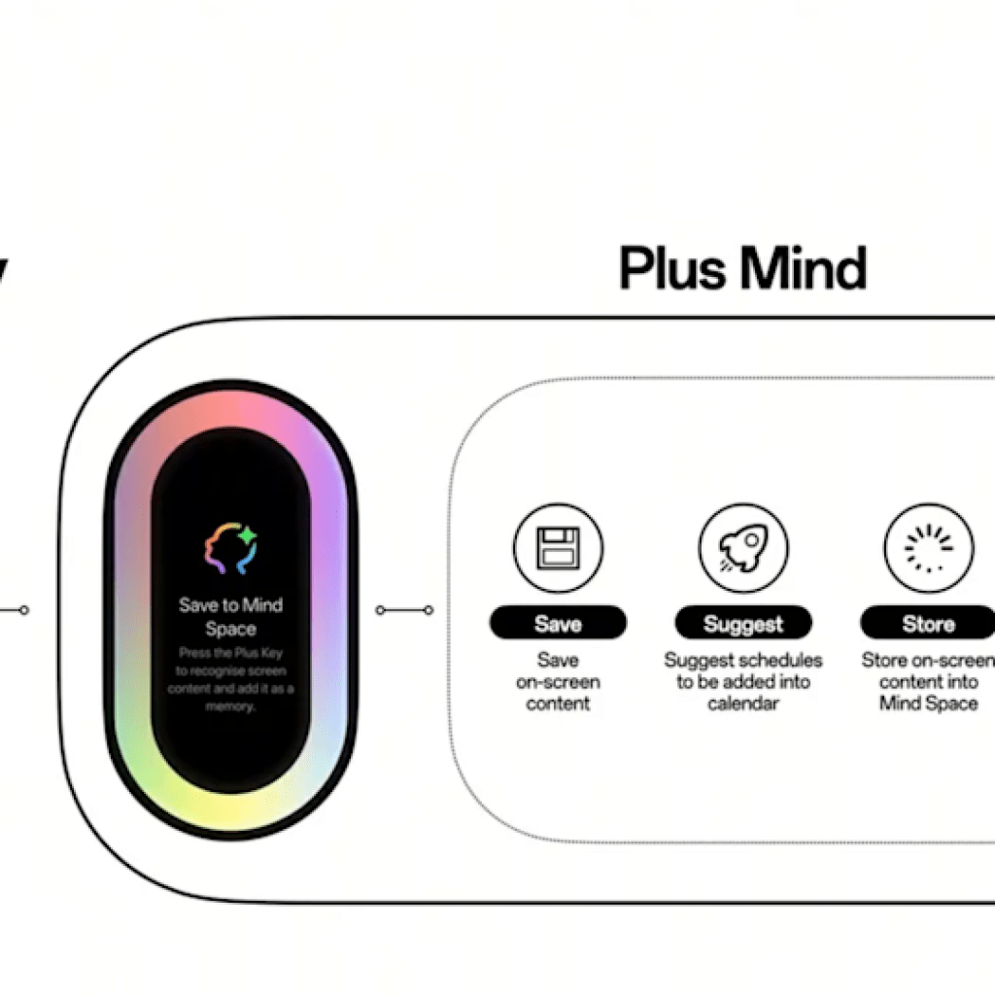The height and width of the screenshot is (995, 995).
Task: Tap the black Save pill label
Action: (x=558, y=624)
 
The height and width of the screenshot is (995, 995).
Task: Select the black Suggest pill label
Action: (x=742, y=624)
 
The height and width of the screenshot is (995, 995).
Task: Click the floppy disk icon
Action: (x=558, y=548)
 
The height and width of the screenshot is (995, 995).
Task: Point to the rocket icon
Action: (x=742, y=548)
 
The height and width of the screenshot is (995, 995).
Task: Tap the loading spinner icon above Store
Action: (x=927, y=548)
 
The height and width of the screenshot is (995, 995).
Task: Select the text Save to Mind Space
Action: (x=231, y=616)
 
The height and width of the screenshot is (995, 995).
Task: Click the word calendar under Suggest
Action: (x=742, y=703)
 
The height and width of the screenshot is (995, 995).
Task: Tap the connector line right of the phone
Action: (x=405, y=610)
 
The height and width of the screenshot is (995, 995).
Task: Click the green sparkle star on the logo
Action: (x=247, y=534)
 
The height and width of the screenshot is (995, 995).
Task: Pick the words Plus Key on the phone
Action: (x=257, y=654)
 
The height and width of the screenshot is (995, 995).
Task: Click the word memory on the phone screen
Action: (x=231, y=707)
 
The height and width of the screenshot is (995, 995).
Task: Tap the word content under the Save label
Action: (x=558, y=703)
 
